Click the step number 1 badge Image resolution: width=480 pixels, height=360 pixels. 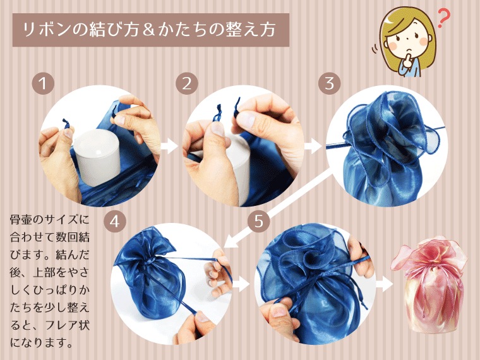point(43,83)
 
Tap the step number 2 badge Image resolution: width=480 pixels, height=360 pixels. point(187,83)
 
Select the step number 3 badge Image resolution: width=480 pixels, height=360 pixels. point(330,83)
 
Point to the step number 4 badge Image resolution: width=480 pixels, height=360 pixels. point(115,221)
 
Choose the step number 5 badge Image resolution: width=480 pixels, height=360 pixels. point(259,221)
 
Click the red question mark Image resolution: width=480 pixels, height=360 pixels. point(444,18)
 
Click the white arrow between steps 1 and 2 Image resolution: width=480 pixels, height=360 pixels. point(169,146)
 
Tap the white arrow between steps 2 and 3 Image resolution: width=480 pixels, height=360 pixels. point(313,146)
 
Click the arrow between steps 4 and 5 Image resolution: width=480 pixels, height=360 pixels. point(241,285)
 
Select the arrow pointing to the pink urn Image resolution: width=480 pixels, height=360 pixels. point(385,285)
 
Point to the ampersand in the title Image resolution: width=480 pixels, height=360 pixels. point(148,30)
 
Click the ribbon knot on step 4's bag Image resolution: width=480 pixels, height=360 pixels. point(150,261)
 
